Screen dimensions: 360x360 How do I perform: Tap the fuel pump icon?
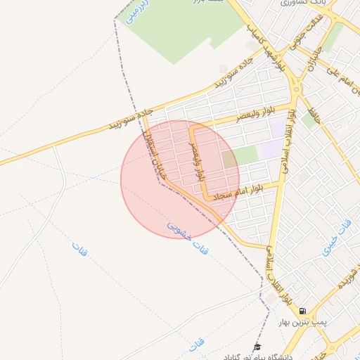302,311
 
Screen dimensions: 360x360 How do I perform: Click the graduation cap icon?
257,347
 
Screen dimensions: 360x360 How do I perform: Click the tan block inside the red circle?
230,160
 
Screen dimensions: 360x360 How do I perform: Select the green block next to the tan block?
247,155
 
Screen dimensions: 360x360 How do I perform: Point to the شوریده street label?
345,281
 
